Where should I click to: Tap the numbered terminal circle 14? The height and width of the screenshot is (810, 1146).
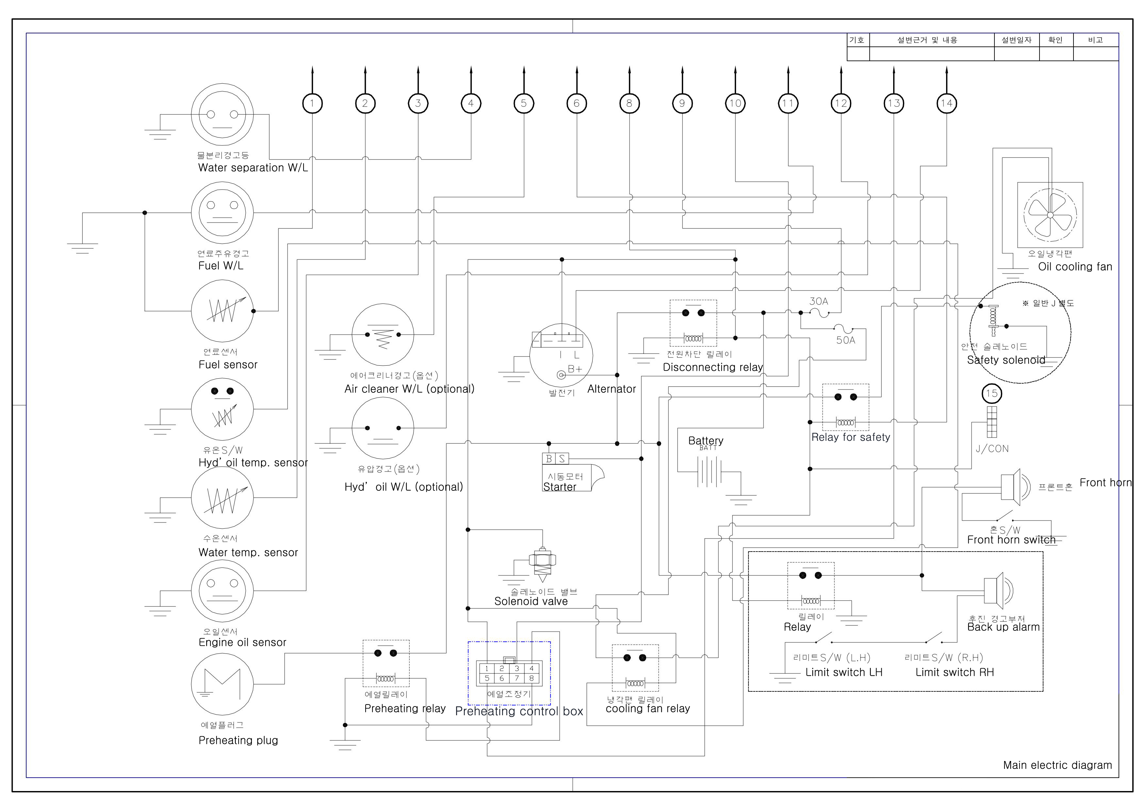coord(946,103)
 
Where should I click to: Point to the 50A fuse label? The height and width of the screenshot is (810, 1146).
coord(845,340)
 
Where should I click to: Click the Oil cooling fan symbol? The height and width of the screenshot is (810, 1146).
coord(1050,215)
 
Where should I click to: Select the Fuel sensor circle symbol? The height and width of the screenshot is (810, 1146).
coord(222,311)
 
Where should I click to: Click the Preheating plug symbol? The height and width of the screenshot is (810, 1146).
coord(222,684)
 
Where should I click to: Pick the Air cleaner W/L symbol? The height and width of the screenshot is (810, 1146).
coord(383,334)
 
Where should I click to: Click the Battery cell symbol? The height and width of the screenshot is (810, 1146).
coord(710,471)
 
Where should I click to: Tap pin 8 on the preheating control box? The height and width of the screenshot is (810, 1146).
coord(532,678)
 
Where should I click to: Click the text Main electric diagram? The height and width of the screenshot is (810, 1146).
coord(1057,765)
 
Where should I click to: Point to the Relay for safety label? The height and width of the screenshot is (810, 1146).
coord(850,437)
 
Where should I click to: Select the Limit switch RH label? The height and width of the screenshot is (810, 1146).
coord(954,672)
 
